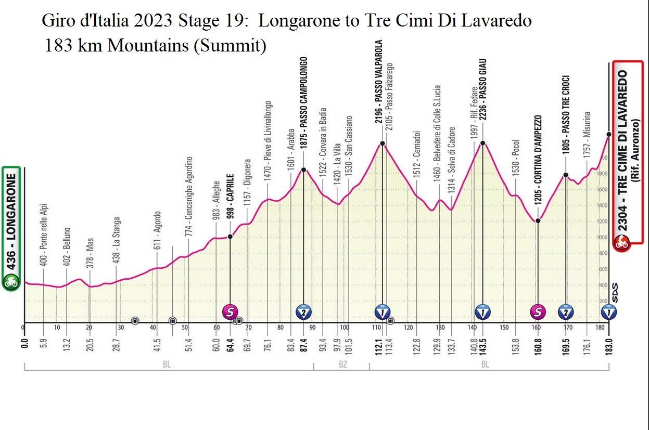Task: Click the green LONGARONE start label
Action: click(x=11, y=229)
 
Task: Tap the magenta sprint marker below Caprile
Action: click(x=230, y=312)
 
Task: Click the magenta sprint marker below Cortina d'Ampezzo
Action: click(x=538, y=312)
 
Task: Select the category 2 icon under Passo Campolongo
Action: click(x=304, y=312)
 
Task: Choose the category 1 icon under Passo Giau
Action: click(x=482, y=312)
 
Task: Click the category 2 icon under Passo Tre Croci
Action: click(x=566, y=312)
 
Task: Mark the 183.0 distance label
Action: click(x=608, y=344)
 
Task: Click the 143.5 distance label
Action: click(x=482, y=344)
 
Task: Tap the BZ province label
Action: click(x=342, y=365)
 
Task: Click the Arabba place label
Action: click(x=291, y=140)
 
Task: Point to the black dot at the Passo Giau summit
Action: click(x=483, y=142)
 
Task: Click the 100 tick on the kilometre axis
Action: click(x=345, y=328)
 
